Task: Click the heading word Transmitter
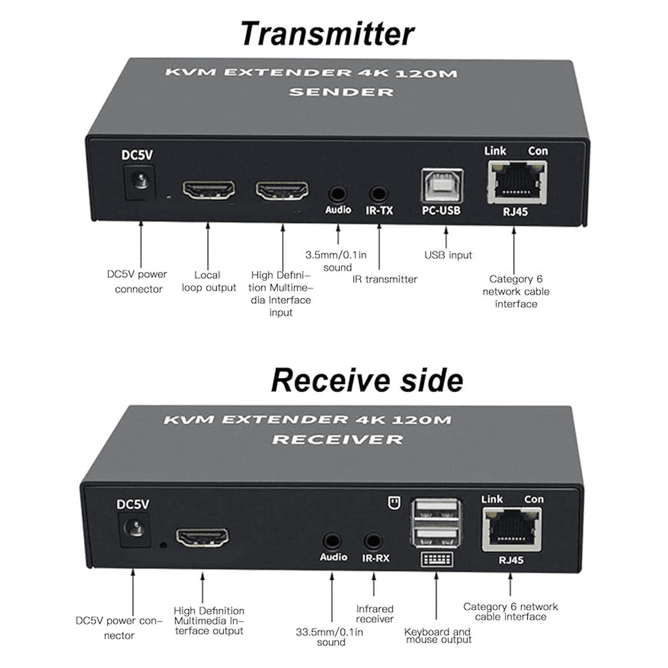coord(327,33)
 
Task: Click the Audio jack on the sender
coord(337,194)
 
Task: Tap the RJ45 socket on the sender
coord(516,183)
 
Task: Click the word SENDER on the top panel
coord(341,92)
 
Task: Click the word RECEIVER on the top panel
coord(337,440)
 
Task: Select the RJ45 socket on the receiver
coord(511,528)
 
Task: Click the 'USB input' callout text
coord(448,255)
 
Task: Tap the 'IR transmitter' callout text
coord(385,279)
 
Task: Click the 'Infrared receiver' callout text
coord(375,614)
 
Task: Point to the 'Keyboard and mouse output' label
coord(438,635)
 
